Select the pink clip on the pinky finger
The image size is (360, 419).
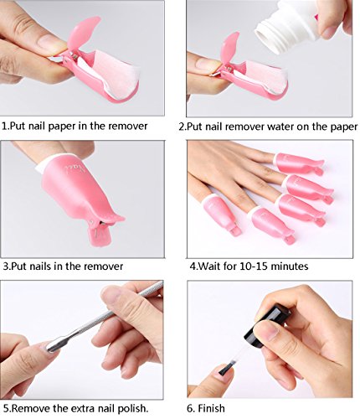click(300, 163)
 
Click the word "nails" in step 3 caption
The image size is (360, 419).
click(40, 266)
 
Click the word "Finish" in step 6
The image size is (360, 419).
click(211, 408)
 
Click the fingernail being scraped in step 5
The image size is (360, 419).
click(48, 347)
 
